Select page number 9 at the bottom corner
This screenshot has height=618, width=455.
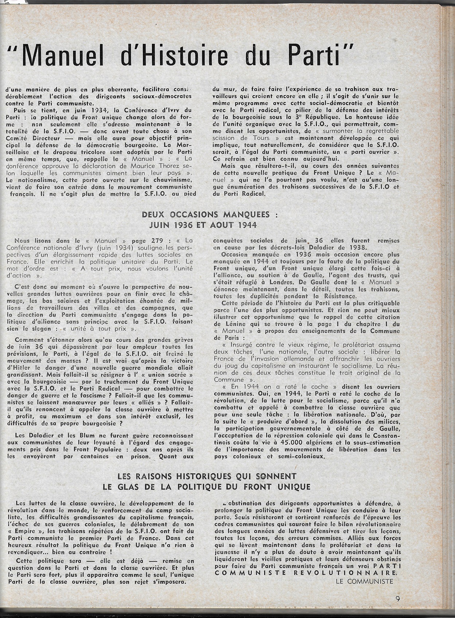click(x=397, y=598)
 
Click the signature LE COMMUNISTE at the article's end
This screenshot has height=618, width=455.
click(x=365, y=581)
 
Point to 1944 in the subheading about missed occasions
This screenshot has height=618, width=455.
click(x=243, y=225)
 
